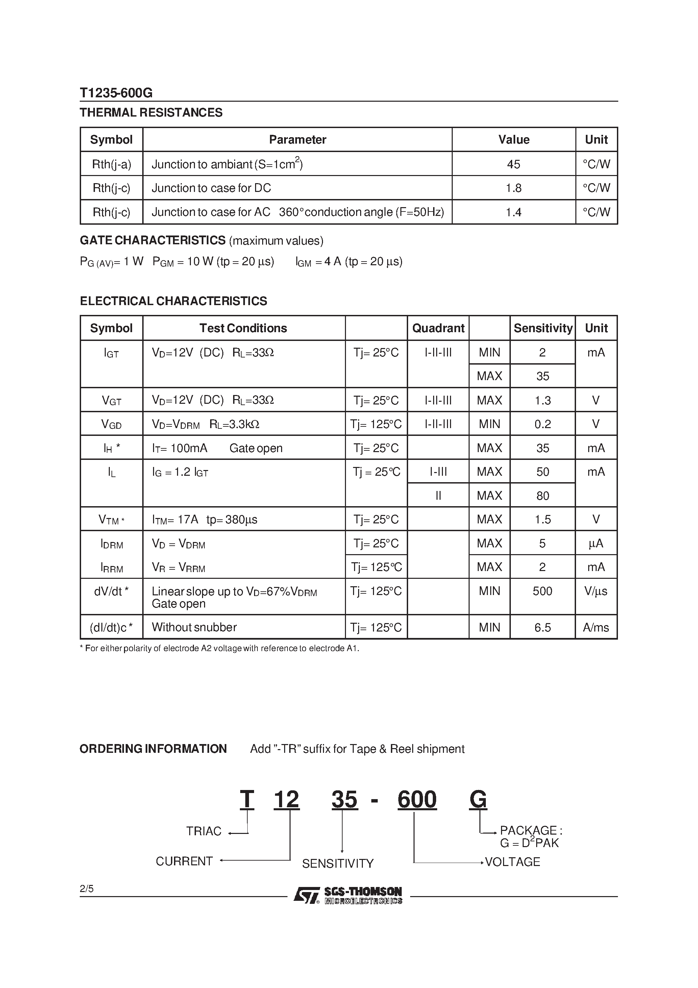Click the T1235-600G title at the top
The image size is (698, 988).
coord(116,93)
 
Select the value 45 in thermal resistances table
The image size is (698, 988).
coord(514,164)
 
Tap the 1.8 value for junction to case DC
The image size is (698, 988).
coord(514,188)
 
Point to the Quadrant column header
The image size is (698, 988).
coord(438,328)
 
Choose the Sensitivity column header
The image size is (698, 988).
coord(543,328)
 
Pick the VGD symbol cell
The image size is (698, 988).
coord(111,424)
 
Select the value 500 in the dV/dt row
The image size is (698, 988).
coord(542,591)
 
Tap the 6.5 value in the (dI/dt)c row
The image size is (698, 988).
coord(542,627)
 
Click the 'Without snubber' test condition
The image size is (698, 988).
coord(194,627)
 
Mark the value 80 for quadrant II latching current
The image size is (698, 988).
coord(542,496)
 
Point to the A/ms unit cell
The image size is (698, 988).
coord(596,627)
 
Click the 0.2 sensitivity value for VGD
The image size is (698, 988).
coord(542,424)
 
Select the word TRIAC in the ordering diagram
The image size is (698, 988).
coord(203,831)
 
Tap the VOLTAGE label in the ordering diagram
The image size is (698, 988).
coord(512,862)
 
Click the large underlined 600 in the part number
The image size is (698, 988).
coord(417,799)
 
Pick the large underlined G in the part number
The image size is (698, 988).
coord(478,799)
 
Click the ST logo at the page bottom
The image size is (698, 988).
coord(306,896)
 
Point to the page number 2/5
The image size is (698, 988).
coord(86,889)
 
